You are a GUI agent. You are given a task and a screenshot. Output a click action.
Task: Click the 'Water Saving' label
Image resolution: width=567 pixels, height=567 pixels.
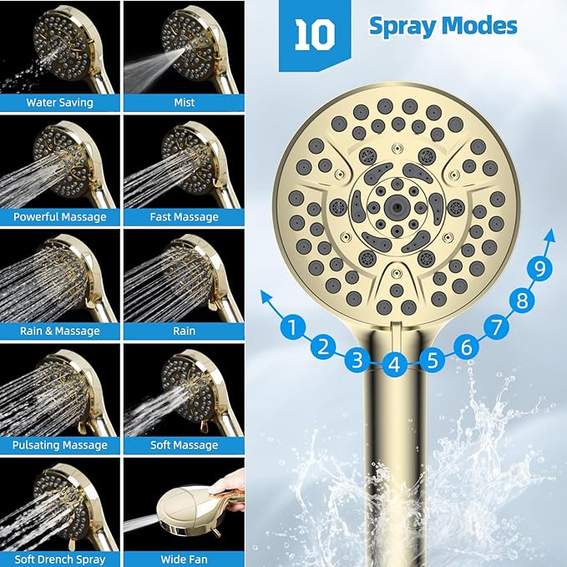(59, 103)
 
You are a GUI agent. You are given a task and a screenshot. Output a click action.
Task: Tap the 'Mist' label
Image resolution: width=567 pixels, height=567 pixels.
(185, 103)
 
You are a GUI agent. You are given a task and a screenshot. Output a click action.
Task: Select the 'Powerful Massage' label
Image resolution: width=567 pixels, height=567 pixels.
(59, 217)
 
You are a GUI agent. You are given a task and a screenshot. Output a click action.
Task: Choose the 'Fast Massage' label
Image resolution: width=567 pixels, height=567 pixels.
(185, 217)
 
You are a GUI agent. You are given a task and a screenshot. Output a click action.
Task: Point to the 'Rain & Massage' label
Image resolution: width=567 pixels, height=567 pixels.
(59, 331)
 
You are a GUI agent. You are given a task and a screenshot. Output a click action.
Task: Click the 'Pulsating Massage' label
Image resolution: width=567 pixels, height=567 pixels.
(59, 445)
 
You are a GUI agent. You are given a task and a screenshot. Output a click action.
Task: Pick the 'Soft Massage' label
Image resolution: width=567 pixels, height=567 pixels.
(185, 445)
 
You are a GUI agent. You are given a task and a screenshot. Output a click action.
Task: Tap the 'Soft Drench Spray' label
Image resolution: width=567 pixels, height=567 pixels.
(59, 559)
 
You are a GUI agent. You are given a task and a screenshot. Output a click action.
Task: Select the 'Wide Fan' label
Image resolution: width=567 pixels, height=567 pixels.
(185, 559)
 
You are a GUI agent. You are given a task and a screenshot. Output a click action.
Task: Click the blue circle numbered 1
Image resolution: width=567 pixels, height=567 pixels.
(292, 327)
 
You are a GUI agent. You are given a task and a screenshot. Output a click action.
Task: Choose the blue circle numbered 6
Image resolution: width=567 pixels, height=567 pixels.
(466, 344)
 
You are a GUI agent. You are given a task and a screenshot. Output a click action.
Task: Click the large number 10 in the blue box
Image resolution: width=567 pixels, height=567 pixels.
(315, 34)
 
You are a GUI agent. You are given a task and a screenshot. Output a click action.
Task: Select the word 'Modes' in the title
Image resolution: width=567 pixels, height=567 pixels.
(479, 26)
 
